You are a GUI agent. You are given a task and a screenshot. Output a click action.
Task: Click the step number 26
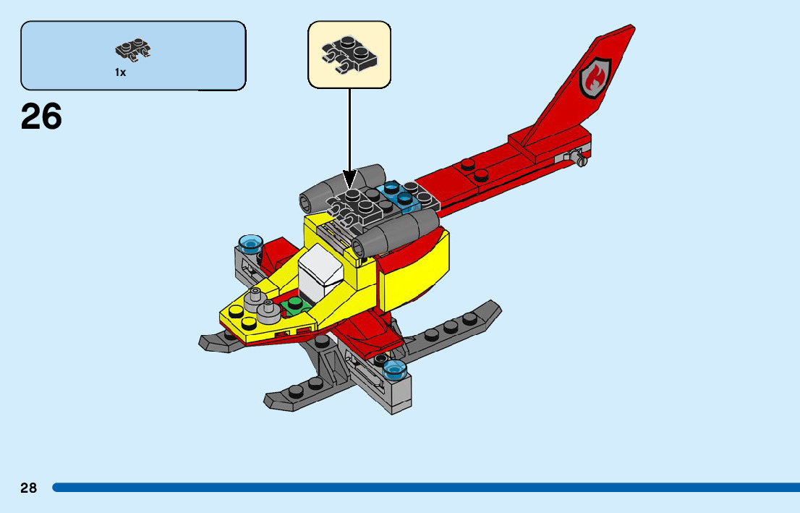pyautogui.click(x=41, y=116)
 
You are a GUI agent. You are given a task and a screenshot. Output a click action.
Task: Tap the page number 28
pyautogui.click(x=28, y=488)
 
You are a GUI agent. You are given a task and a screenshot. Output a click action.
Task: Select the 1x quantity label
pyautogui.click(x=120, y=72)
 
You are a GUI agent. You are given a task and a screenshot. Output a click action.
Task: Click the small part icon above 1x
pyautogui.click(x=133, y=50)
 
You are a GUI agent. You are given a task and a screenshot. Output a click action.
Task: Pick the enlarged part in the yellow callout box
pyautogui.click(x=349, y=54)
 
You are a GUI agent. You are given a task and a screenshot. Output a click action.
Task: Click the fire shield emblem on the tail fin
pyautogui.click(x=595, y=76)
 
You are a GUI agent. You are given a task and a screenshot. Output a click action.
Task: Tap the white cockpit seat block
pyautogui.click(x=318, y=273)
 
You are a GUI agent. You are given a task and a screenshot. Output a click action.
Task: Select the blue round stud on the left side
pyautogui.click(x=250, y=242)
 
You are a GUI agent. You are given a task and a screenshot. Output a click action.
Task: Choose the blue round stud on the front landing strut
pyautogui.click(x=394, y=371)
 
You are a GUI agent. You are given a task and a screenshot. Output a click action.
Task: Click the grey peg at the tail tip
pyautogui.click(x=577, y=156)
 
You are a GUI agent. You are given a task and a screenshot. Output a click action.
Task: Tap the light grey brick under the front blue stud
pyautogui.click(x=399, y=394)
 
